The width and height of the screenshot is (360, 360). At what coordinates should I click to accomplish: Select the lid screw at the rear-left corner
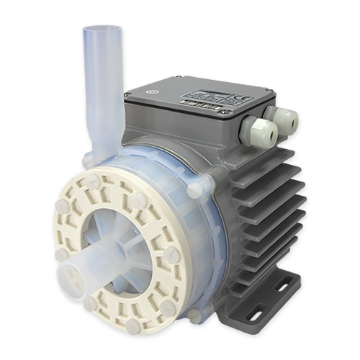point(178,76)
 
